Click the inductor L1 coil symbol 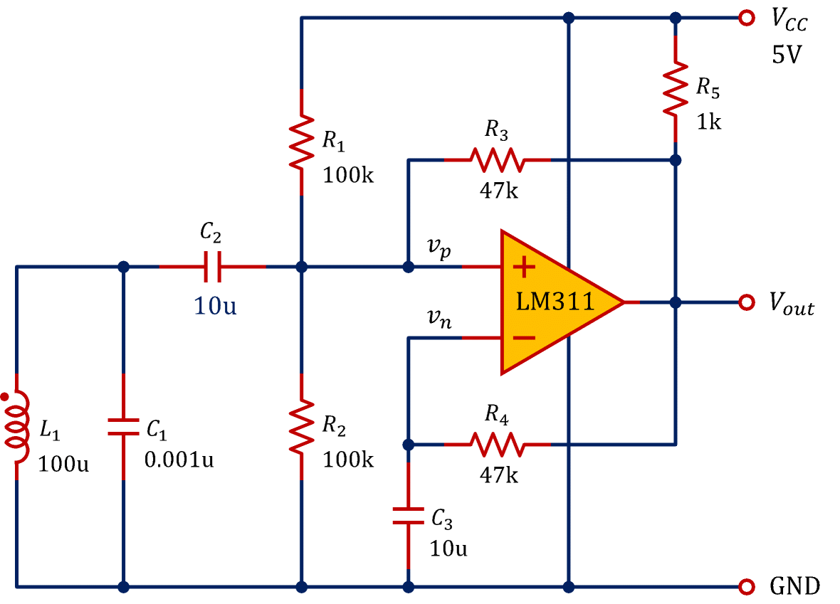click(17, 427)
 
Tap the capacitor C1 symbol click(124, 427)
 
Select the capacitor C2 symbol click(212, 267)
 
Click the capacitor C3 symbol click(409, 516)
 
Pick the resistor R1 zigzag click(302, 142)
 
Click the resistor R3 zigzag click(497, 160)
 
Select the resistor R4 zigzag click(497, 445)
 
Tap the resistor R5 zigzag click(676, 89)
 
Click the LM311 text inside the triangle click(555, 302)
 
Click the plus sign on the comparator click(524, 267)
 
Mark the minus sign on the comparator click(524, 338)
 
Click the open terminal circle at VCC click(746, 18)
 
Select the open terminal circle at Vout click(746, 302)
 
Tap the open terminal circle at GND click(746, 587)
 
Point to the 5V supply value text click(787, 55)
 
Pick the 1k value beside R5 click(708, 122)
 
